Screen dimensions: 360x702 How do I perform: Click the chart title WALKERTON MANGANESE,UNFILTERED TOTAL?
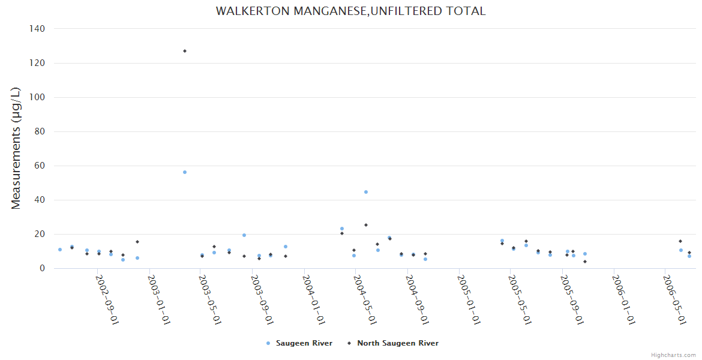(350, 11)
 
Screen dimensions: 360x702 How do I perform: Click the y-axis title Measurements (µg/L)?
(16, 148)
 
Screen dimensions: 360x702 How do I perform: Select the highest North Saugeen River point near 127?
(185, 51)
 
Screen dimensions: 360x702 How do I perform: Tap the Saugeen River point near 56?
(185, 172)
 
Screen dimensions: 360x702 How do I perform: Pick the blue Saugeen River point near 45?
(366, 192)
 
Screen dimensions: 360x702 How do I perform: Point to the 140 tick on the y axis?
(37, 28)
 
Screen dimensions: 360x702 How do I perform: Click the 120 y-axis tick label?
(37, 63)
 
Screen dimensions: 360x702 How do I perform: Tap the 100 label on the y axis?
(37, 97)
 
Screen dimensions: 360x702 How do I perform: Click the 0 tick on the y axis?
(42, 268)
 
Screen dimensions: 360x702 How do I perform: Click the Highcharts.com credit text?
(673, 355)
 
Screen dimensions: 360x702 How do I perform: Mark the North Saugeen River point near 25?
(366, 225)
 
